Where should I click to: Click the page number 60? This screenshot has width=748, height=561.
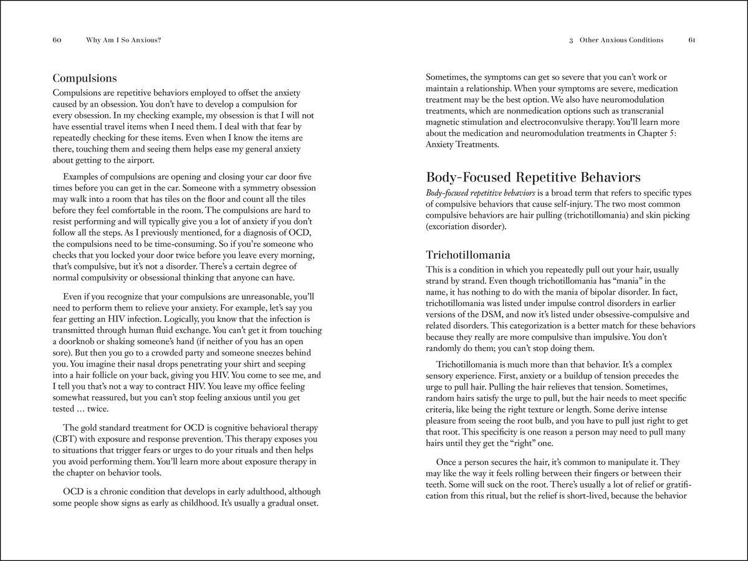click(x=56, y=40)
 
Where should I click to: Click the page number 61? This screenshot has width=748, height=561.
click(x=692, y=40)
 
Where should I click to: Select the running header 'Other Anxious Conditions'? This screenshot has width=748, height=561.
click(x=621, y=40)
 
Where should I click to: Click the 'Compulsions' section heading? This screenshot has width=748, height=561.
click(x=84, y=79)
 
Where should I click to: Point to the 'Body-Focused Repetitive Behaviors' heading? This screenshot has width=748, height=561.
click(x=533, y=177)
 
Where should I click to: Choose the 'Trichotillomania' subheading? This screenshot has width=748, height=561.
click(x=468, y=255)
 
